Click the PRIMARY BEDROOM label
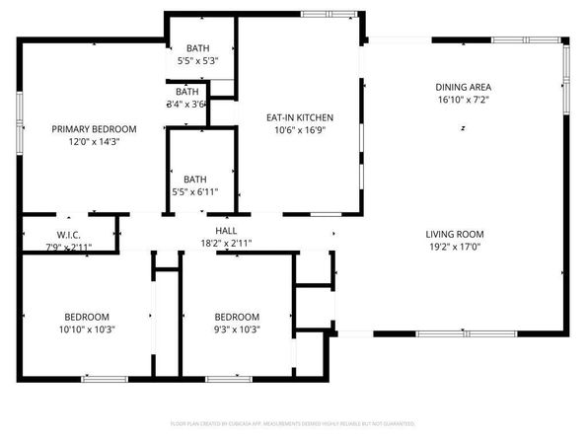94,129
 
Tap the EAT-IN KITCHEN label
298,116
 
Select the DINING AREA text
464,86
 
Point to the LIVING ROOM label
455,234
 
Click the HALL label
226,230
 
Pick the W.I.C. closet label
67,234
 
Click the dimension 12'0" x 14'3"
94,142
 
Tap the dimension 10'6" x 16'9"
298,129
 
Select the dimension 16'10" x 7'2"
464,99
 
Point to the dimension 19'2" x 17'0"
455,247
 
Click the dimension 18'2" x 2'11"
226,242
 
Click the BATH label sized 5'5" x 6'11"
195,180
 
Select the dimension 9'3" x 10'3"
237,329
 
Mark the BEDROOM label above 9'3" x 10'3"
237,317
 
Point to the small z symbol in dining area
463,128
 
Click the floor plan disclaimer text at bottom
292,423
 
